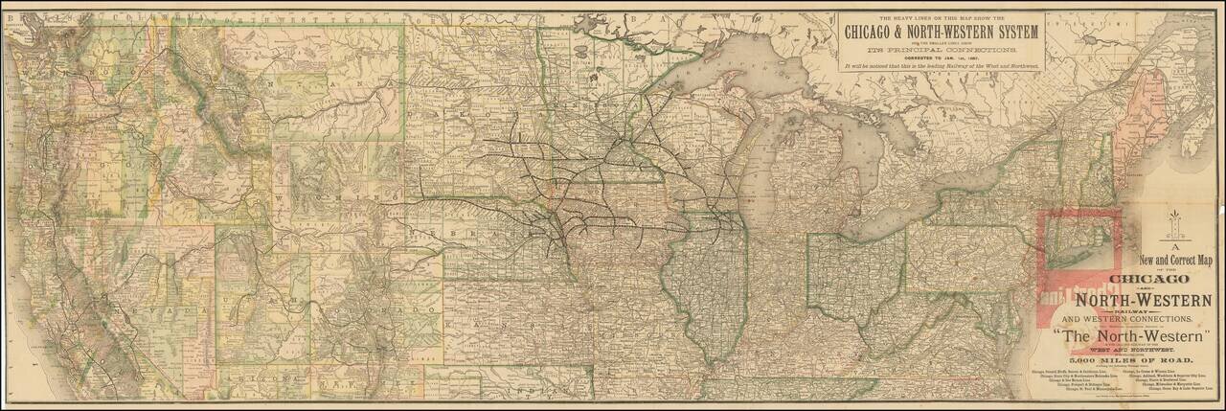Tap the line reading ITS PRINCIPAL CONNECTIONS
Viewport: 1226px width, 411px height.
(940, 49)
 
